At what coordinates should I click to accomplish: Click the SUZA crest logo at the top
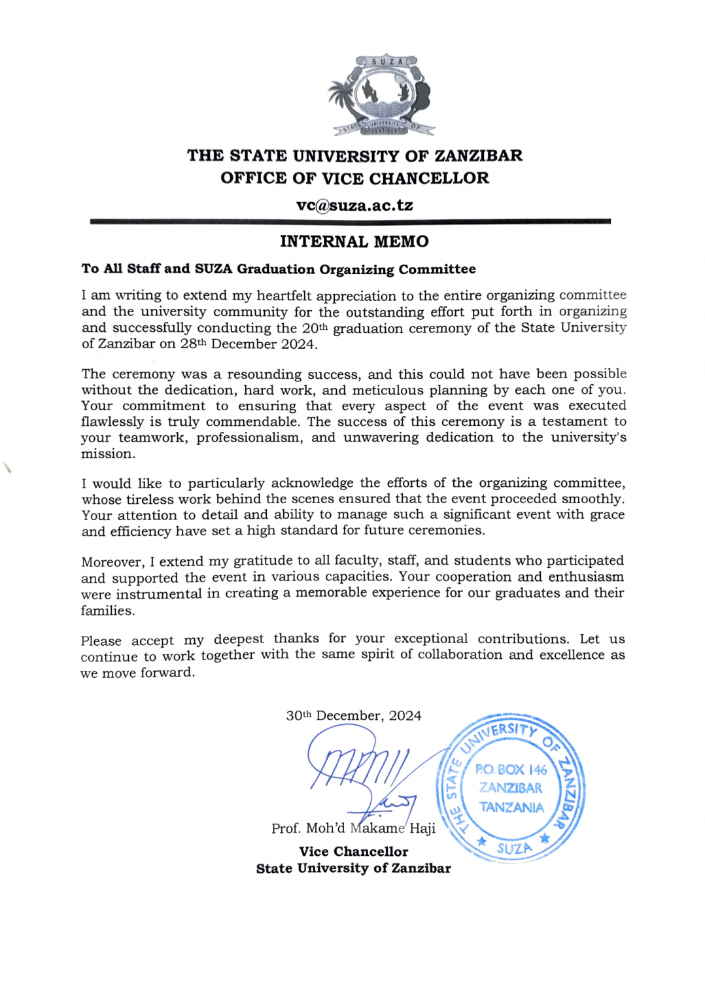pyautogui.click(x=381, y=96)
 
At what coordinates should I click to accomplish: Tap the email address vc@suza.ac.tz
pyautogui.click(x=354, y=205)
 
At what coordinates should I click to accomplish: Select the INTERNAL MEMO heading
pyautogui.click(x=354, y=241)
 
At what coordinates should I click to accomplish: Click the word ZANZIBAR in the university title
pyautogui.click(x=479, y=156)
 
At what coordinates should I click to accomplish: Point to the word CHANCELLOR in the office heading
pyautogui.click(x=429, y=178)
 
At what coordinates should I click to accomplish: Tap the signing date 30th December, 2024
pyautogui.click(x=353, y=716)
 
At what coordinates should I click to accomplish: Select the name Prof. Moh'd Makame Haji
pyautogui.click(x=353, y=828)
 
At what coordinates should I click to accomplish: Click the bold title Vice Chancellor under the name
pyautogui.click(x=353, y=851)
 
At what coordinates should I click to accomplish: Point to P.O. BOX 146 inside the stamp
pyautogui.click(x=511, y=769)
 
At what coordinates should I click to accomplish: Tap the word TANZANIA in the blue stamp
pyautogui.click(x=511, y=807)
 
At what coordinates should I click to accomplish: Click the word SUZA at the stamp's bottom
pyautogui.click(x=514, y=849)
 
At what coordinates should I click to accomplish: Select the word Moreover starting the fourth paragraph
pyautogui.click(x=112, y=562)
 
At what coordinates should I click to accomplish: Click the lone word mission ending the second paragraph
pyautogui.click(x=107, y=454)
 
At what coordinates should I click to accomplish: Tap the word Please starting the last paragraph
pyautogui.click(x=101, y=641)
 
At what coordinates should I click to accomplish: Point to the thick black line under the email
pyautogui.click(x=350, y=222)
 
